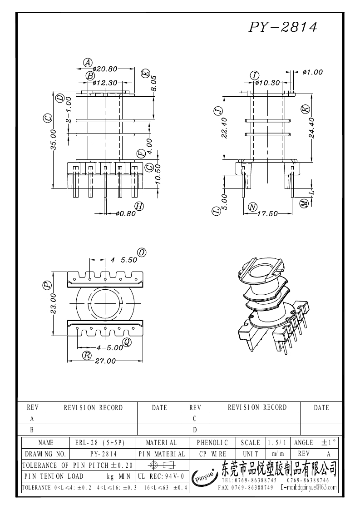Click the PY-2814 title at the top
click(x=282, y=27)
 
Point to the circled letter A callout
click(x=88, y=62)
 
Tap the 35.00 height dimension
click(x=53, y=139)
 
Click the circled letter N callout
click(x=253, y=207)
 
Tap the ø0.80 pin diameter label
click(x=125, y=213)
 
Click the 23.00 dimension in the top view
click(x=53, y=303)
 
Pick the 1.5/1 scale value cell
click(x=277, y=442)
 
